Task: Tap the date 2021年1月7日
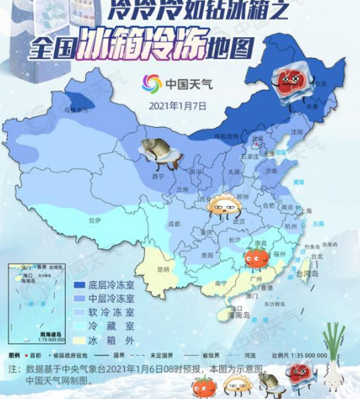point(177,105)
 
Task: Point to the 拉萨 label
point(94,221)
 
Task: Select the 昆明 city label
point(163,270)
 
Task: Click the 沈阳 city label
point(297,132)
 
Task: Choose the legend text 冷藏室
point(111,327)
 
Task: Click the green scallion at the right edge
point(334,356)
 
